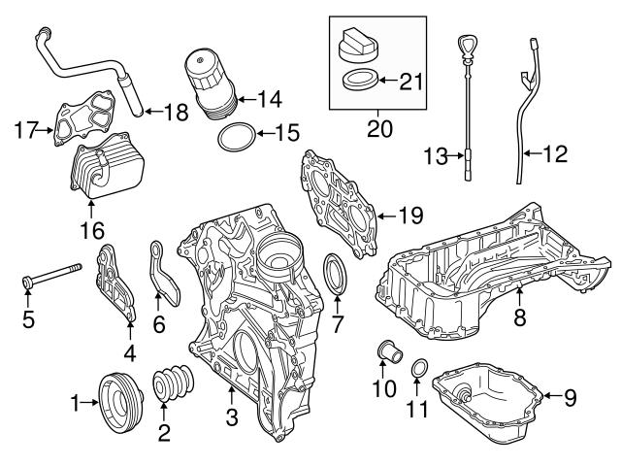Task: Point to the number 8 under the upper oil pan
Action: pos(520,316)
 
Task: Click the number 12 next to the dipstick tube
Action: pos(556,153)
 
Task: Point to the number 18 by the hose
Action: pos(176,113)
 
